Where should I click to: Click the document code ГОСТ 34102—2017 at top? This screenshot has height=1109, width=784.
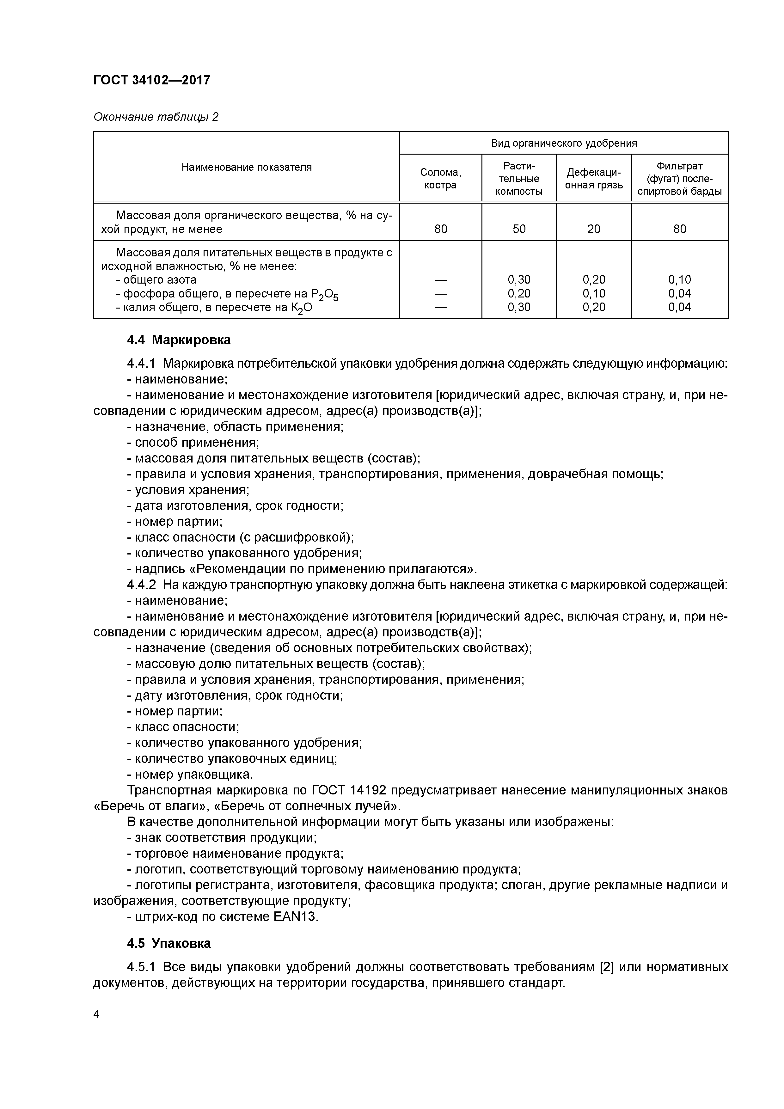[152, 80]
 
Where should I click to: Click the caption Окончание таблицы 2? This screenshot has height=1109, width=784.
[156, 117]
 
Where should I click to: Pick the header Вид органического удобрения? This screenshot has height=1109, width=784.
[563, 143]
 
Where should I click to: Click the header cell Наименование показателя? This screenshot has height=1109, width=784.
[246, 167]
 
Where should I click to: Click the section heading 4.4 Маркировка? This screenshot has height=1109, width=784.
[179, 340]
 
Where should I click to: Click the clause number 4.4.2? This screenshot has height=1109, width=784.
[142, 585]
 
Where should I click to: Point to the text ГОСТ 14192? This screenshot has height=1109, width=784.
[349, 790]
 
